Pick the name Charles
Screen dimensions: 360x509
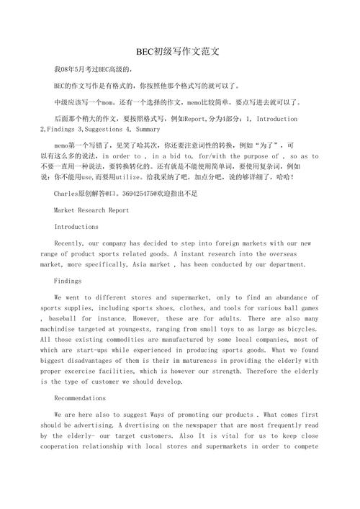coord(66,194)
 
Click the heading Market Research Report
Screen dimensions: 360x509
coord(91,210)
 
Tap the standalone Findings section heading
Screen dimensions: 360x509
coord(68,281)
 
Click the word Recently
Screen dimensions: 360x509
coord(69,243)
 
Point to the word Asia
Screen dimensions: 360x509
coord(156,264)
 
